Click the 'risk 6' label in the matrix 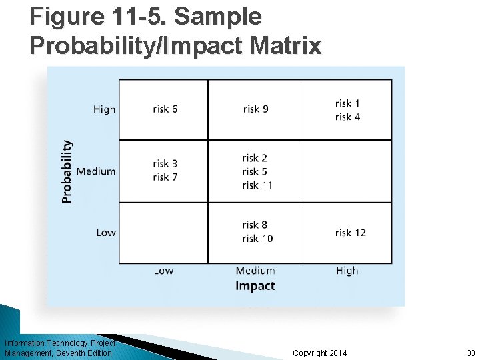[165, 109]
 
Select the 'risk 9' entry [255, 109]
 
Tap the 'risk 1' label [347, 103]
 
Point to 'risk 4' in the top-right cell [347, 117]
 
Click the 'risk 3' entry [165, 163]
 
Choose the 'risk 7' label [165, 177]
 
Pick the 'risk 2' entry [255, 158]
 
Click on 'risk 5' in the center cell [255, 171]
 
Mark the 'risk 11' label [257, 185]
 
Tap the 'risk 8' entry [255, 225]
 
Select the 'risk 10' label [257, 239]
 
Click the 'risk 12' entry [350, 233]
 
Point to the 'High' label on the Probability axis [105, 109]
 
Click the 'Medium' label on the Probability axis [96, 171]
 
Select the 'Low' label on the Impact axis [163, 271]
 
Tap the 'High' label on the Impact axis [347, 271]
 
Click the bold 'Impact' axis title [255, 286]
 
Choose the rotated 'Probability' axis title [67, 171]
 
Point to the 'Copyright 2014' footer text [320, 353]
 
